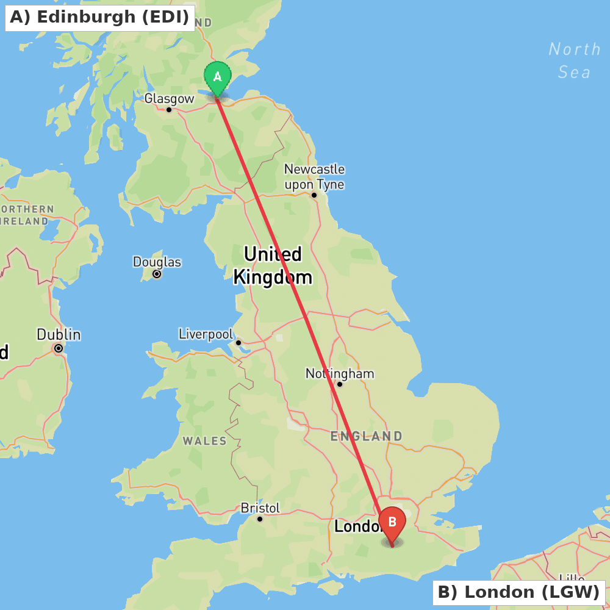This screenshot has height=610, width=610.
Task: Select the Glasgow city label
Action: click(169, 99)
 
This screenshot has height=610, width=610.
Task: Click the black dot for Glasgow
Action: click(169, 110)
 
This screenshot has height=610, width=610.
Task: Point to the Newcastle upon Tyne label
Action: click(314, 177)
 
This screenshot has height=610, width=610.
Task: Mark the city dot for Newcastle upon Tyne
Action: click(314, 195)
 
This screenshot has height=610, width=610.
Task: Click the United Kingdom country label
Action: click(272, 266)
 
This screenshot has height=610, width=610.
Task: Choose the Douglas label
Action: click(157, 262)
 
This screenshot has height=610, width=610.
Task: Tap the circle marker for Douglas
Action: click(157, 274)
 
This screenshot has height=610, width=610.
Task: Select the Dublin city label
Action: click(59, 335)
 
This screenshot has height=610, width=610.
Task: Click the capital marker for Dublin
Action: click(59, 348)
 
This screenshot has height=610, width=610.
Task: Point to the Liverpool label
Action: click(206, 334)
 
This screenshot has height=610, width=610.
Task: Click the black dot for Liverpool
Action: click(239, 342)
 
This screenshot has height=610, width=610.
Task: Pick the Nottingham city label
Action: click(340, 373)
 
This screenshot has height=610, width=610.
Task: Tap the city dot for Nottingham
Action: click(340, 384)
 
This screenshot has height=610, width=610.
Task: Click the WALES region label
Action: click(204, 440)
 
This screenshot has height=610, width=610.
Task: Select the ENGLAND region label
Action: click(366, 436)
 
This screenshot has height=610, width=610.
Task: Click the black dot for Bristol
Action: click(260, 519)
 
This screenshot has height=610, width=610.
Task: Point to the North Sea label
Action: click(575, 60)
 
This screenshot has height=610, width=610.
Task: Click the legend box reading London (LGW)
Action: click(518, 592)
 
